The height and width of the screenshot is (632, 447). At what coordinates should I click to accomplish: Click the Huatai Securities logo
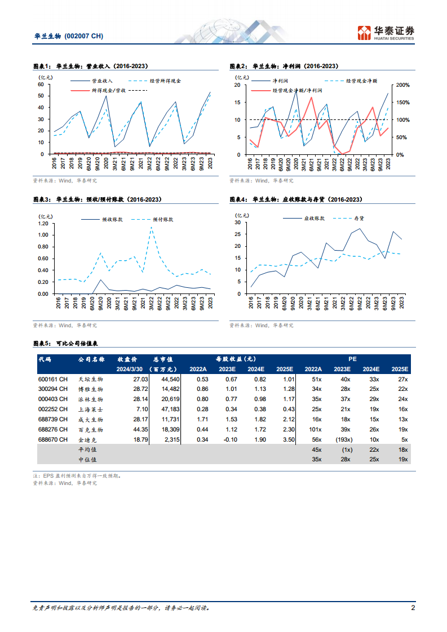tap(386, 33)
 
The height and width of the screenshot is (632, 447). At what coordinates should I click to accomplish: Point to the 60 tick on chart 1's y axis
tap(41, 84)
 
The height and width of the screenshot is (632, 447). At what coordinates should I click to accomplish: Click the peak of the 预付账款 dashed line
tap(151, 227)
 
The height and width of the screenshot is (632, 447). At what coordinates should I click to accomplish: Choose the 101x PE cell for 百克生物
tap(313, 429)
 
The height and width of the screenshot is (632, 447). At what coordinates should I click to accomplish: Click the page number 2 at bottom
tap(413, 608)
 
